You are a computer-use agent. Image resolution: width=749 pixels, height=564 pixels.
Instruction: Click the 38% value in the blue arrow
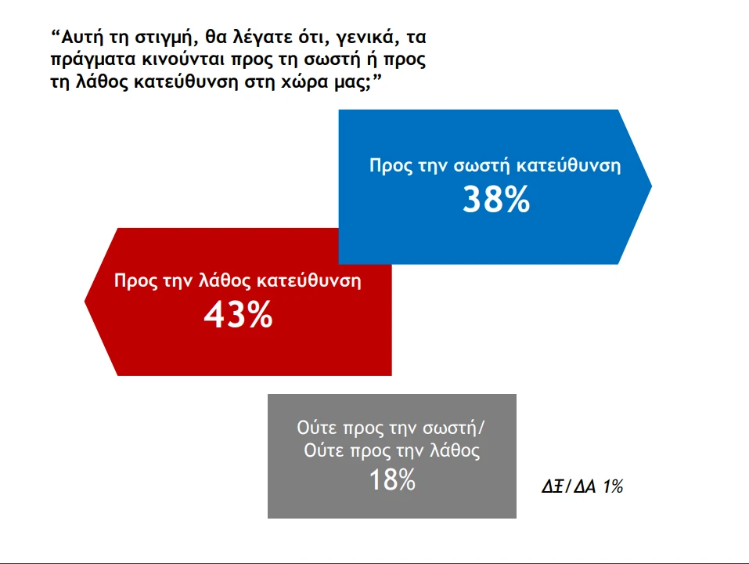click(x=496, y=201)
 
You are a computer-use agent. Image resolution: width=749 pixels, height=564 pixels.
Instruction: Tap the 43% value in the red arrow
click(x=238, y=315)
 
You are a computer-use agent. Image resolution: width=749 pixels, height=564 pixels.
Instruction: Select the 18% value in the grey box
click(x=392, y=479)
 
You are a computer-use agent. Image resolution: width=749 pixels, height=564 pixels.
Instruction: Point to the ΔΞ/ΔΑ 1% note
click(x=582, y=486)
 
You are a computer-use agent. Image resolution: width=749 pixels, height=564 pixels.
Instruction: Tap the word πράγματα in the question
click(x=89, y=60)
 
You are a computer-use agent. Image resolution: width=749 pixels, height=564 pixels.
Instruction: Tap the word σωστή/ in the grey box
click(x=456, y=428)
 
